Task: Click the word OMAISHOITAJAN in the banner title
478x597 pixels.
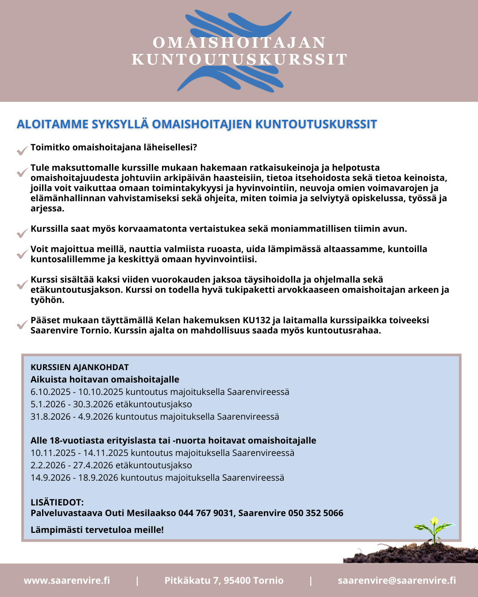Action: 239,42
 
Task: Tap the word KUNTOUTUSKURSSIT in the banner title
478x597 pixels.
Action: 239,59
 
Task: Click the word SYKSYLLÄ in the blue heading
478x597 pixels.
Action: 120,124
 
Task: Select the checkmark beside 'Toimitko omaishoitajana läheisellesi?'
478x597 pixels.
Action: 22,151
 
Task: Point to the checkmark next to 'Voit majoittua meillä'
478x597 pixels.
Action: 22,254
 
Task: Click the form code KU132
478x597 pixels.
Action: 254,320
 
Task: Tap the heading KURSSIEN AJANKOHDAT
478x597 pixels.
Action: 80,367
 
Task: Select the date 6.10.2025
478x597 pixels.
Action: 50,392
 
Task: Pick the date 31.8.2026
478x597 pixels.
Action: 50,417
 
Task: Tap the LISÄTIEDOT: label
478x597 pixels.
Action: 57,502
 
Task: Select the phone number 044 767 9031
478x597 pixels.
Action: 206,513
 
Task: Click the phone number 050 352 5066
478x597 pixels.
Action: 316,513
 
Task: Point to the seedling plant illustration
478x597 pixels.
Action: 434,531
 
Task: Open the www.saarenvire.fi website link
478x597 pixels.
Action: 67,580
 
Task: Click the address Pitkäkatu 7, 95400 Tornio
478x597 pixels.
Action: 224,580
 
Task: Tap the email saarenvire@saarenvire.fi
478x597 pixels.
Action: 397,580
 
